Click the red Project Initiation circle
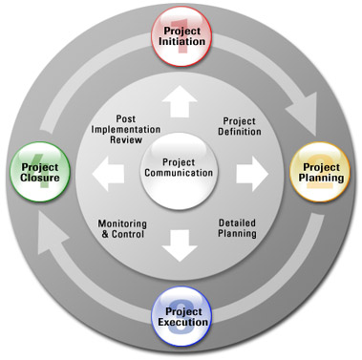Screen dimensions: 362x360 pos(182,36)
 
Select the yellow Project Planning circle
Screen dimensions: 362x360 pos(320,172)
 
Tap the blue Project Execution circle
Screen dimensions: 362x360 pos(181,317)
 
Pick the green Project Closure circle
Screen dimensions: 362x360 pos(40,172)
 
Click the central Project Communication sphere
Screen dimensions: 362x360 pos(179,171)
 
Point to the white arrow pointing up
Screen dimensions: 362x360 pos(180,101)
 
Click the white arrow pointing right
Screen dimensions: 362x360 pos(252,174)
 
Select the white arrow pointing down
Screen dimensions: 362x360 pos(180,245)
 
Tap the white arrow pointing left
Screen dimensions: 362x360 pos(108,174)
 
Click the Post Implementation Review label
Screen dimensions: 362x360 pos(126,129)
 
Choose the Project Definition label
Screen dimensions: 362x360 pos(240,126)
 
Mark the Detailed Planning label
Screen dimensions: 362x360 pos(237,228)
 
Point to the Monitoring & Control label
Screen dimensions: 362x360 pos(122,229)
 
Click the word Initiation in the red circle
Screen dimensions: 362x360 pos(181,42)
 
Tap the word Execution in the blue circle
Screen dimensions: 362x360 pos(182,322)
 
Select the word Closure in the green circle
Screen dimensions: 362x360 pos(40,178)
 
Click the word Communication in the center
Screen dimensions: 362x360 pos(179,173)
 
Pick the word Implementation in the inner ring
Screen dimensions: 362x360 pos(126,130)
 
